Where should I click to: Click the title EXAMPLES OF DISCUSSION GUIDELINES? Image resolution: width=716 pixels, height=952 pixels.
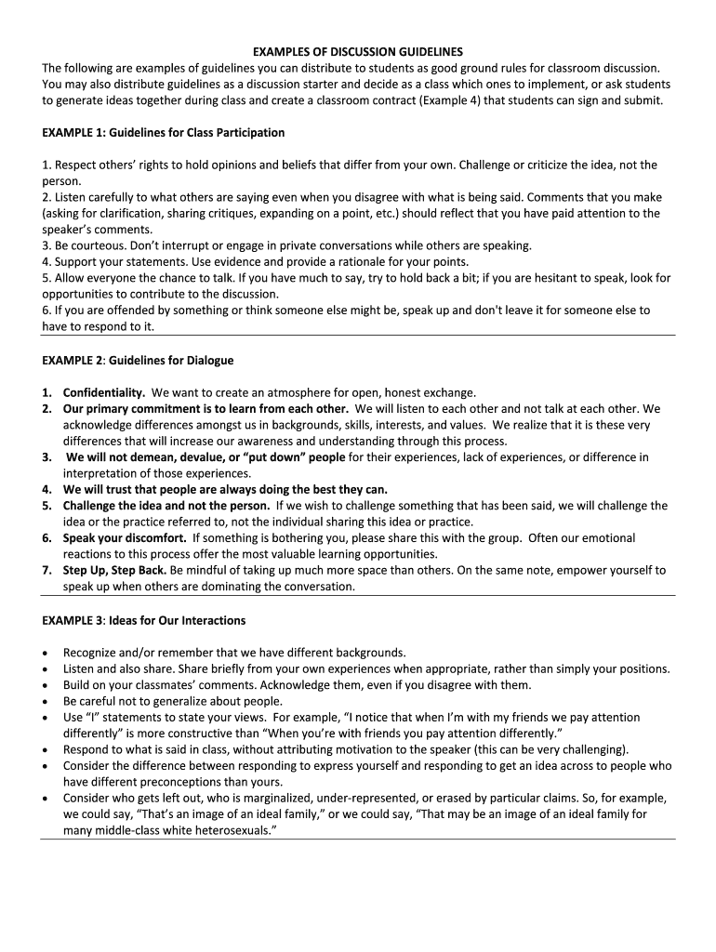pyautogui.click(x=358, y=51)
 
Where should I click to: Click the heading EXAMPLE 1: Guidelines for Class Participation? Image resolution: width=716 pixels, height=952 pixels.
pyautogui.click(x=163, y=133)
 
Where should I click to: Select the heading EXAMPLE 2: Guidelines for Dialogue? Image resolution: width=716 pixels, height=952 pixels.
pyautogui.click(x=138, y=360)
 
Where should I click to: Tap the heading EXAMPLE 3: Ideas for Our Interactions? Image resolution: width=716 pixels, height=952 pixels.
pyautogui.click(x=143, y=620)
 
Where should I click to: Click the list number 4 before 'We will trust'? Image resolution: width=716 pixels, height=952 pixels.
pyautogui.click(x=46, y=489)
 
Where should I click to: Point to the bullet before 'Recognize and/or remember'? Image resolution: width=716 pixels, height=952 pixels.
pyautogui.click(x=46, y=653)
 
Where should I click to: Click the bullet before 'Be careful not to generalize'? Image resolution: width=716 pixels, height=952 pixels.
pyautogui.click(x=46, y=701)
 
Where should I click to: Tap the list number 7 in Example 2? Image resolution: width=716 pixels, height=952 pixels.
pyautogui.click(x=46, y=570)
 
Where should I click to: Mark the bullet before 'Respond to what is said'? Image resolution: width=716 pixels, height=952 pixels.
pyautogui.click(x=46, y=749)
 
